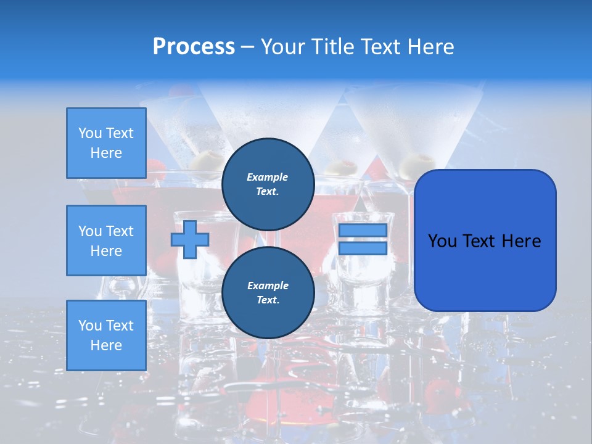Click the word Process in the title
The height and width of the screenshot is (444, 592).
(194, 47)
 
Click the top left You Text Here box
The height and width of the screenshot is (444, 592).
(106, 143)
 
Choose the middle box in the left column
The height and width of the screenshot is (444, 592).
(106, 240)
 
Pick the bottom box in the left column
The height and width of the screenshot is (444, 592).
(106, 335)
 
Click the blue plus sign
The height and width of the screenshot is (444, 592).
(189, 239)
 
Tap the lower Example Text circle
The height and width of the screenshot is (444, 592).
(268, 293)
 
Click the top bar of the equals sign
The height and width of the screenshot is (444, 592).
(363, 230)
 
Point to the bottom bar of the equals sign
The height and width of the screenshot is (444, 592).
(363, 248)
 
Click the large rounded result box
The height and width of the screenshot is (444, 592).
(485, 240)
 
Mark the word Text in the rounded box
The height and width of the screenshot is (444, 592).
(482, 240)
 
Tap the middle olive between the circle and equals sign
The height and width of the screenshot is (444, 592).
(342, 167)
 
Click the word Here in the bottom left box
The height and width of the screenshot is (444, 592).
(106, 345)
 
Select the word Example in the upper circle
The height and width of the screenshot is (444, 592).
(268, 177)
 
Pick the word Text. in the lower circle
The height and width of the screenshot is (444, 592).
(268, 300)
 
